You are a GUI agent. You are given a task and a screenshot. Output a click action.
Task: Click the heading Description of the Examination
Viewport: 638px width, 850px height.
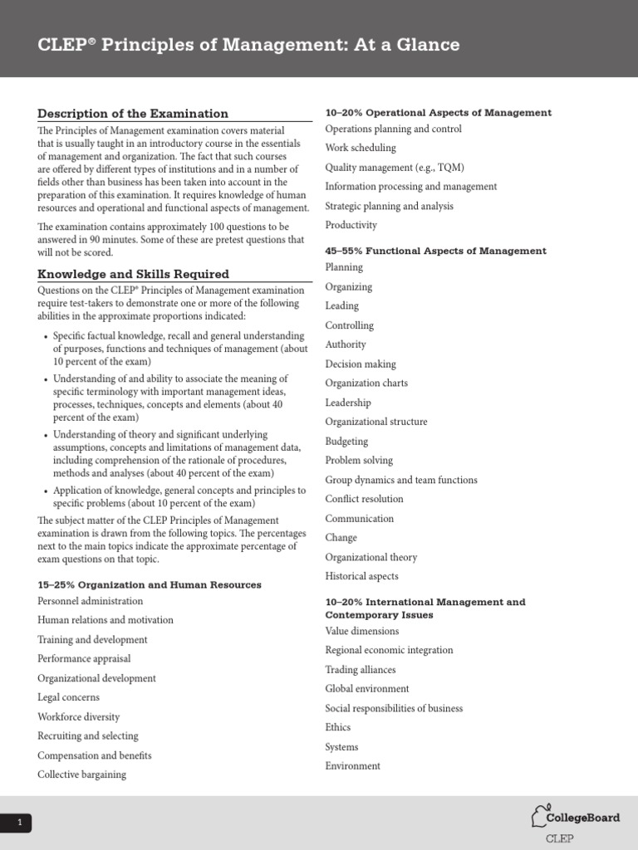pos(133,114)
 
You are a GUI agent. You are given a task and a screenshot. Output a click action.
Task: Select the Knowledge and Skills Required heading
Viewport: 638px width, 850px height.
pos(133,274)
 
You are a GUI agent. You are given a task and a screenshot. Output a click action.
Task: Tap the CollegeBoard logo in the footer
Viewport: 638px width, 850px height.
pos(576,818)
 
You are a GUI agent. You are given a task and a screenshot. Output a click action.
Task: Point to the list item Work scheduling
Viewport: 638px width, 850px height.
pos(361,148)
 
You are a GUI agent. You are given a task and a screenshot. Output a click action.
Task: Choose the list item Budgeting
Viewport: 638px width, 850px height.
pos(346,442)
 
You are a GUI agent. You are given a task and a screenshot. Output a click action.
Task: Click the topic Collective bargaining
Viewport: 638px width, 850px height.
pos(81,774)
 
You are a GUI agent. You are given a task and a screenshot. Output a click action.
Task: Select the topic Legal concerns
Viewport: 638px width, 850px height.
pos(68,697)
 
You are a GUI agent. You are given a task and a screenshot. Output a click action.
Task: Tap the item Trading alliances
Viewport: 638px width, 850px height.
pos(361,670)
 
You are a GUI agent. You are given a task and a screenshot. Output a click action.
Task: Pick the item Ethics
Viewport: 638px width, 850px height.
pos(338,727)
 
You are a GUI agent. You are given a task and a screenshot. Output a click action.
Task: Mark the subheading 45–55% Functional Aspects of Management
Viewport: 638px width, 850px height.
pos(436,251)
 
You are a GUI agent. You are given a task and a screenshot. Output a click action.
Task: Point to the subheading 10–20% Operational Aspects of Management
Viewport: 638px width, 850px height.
pos(439,113)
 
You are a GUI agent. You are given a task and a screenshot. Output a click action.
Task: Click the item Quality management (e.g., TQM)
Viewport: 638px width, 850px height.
pos(395,167)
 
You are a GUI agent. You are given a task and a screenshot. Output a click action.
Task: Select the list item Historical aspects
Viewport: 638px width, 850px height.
pos(361,576)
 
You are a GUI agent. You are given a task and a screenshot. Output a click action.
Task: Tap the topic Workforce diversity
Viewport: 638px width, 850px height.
pos(78,716)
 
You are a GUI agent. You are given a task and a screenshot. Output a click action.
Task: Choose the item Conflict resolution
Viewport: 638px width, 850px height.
pos(364,499)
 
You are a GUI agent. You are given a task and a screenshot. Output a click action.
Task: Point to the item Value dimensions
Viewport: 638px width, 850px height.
pos(362,631)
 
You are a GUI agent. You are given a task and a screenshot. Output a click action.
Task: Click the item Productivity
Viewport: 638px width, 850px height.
pos(351,225)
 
